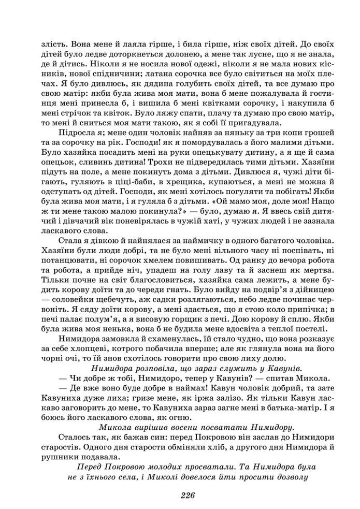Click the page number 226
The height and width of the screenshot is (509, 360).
tap(180, 495)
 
